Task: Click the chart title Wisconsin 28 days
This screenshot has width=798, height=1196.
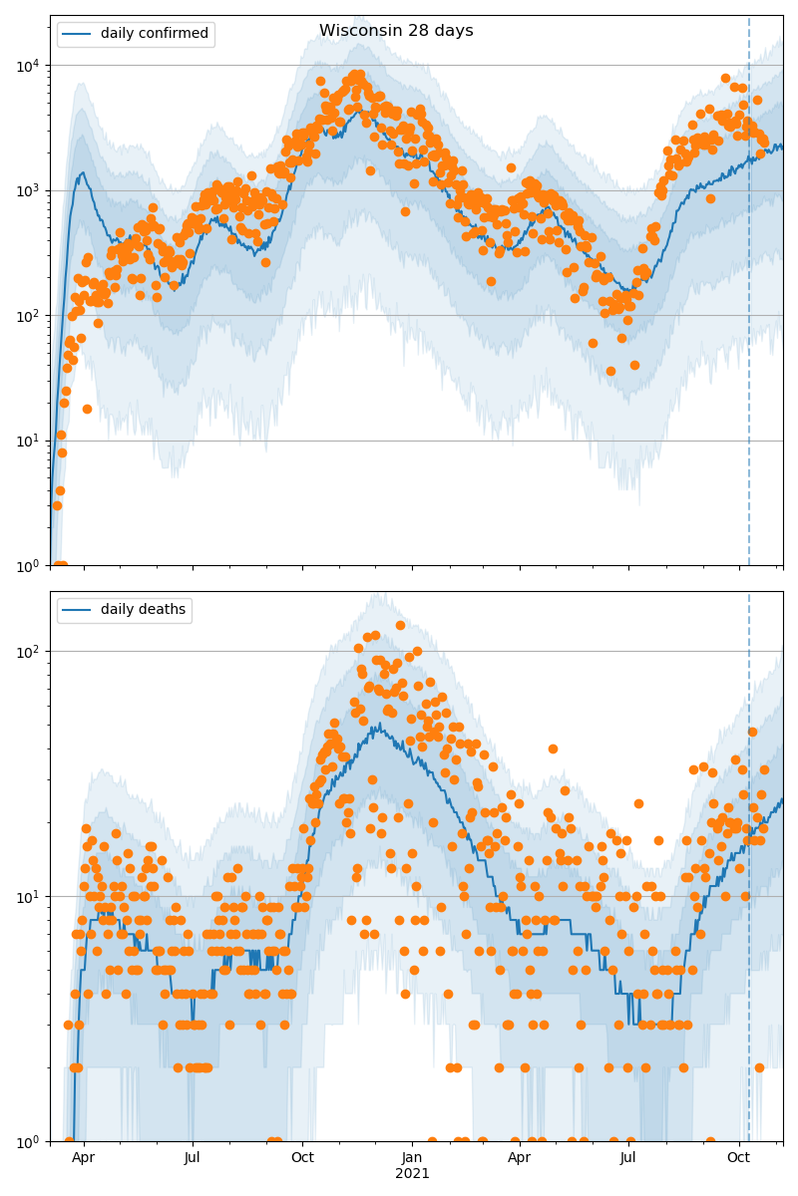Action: pyautogui.click(x=396, y=31)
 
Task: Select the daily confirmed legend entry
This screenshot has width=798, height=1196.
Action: pyautogui.click(x=154, y=34)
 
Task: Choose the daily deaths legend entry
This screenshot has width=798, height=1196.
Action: pyautogui.click(x=143, y=610)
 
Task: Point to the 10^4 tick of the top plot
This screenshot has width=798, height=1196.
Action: pyautogui.click(x=29, y=66)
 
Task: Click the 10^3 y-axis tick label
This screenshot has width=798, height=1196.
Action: pyautogui.click(x=29, y=190)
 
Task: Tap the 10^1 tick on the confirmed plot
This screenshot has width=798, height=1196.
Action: pyautogui.click(x=29, y=441)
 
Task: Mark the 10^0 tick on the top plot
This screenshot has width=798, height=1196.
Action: pyautogui.click(x=29, y=565)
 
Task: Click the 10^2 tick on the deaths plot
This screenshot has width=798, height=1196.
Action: pyautogui.click(x=29, y=652)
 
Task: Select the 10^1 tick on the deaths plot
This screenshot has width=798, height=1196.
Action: pyautogui.click(x=29, y=896)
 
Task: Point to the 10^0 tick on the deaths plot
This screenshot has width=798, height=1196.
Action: pyautogui.click(x=29, y=1140)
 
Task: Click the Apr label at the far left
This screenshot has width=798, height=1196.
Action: pyautogui.click(x=84, y=1158)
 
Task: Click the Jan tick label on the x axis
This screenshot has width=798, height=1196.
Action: pyautogui.click(x=412, y=1158)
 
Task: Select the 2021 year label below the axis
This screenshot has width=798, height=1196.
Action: pyautogui.click(x=412, y=1174)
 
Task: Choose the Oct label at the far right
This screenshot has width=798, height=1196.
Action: pyautogui.click(x=738, y=1158)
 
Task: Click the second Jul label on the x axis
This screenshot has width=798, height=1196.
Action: pyautogui.click(x=628, y=1158)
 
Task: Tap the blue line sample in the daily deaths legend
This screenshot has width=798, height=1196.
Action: pyautogui.click(x=78, y=610)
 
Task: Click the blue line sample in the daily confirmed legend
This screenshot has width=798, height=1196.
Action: pyautogui.click(x=78, y=34)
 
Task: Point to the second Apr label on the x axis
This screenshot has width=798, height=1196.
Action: pyautogui.click(x=520, y=1158)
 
